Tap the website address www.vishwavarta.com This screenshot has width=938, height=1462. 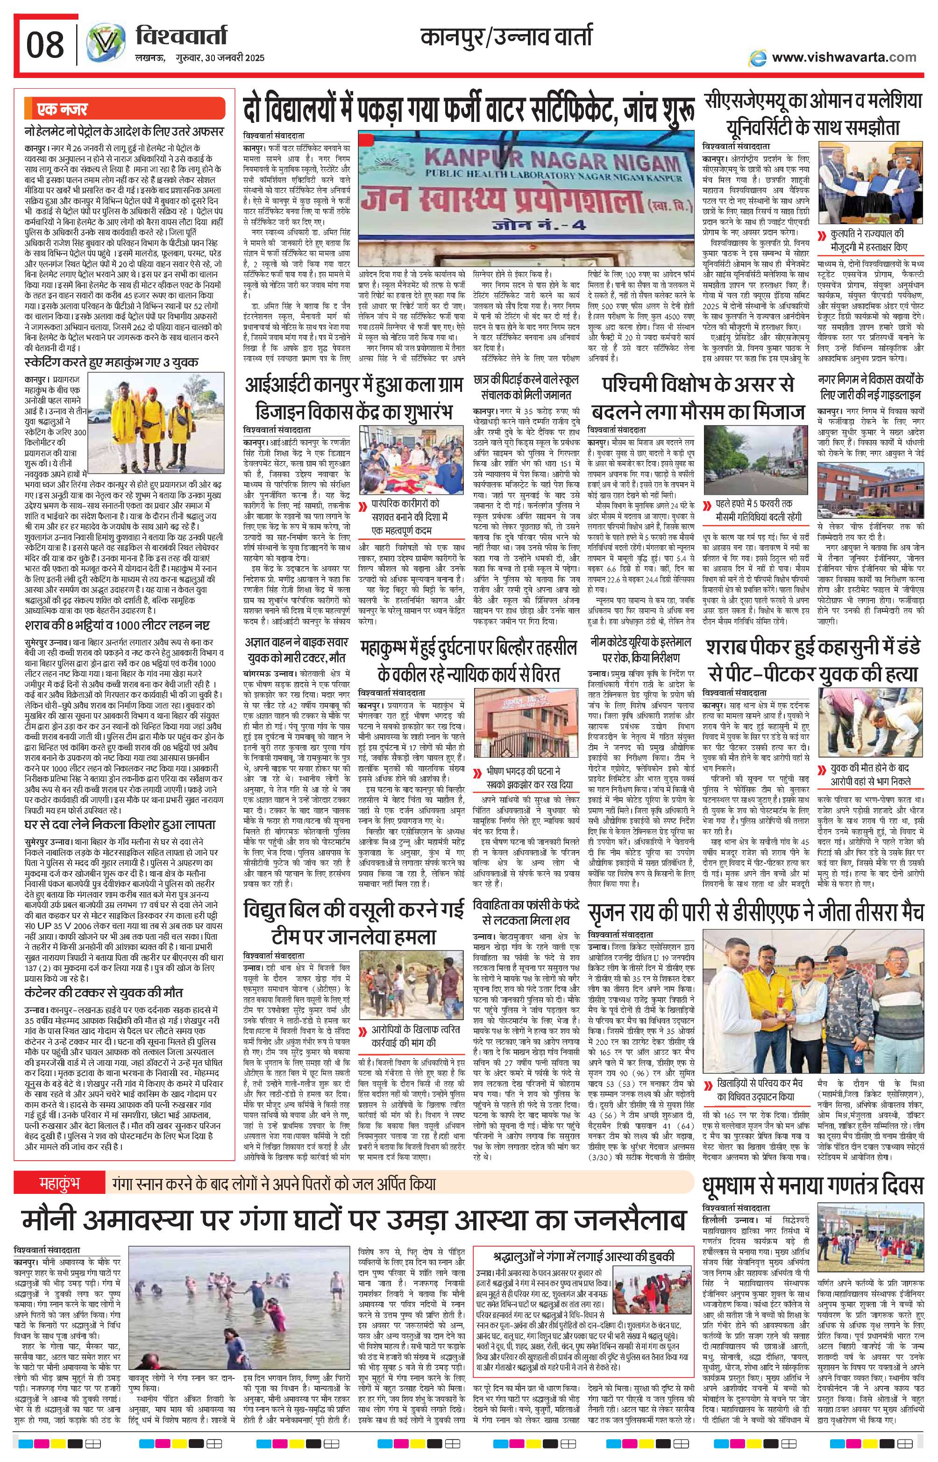pyautogui.click(x=843, y=57)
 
